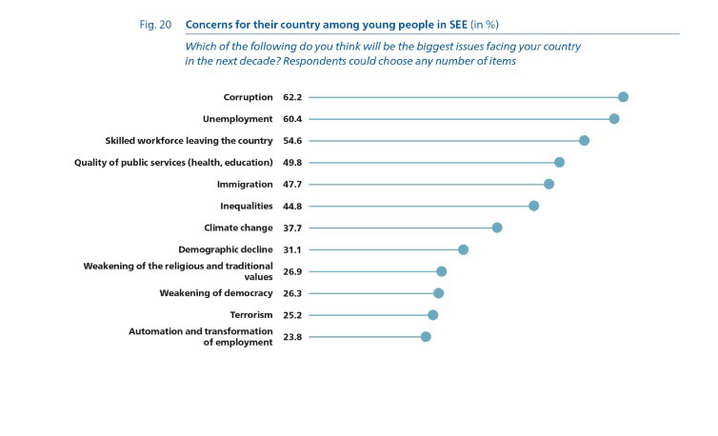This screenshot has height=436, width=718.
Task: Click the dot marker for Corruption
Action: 623,96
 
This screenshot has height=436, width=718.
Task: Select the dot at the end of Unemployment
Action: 614,118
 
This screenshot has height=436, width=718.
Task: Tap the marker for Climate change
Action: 497,228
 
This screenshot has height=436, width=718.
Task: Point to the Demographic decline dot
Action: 464,249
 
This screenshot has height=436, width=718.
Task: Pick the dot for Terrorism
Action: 433,315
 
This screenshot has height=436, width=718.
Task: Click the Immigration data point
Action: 548,184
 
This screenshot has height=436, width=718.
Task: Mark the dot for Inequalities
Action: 534,206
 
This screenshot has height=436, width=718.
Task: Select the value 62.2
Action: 292,97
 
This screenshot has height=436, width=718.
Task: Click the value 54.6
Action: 292,141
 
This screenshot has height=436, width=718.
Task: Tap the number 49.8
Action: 292,163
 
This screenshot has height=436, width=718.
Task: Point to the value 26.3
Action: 292,293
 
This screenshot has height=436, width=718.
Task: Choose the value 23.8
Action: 292,337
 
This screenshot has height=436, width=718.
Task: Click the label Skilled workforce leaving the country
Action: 189,141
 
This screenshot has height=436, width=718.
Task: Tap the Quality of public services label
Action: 174,163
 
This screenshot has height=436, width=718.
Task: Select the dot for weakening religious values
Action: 442,271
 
